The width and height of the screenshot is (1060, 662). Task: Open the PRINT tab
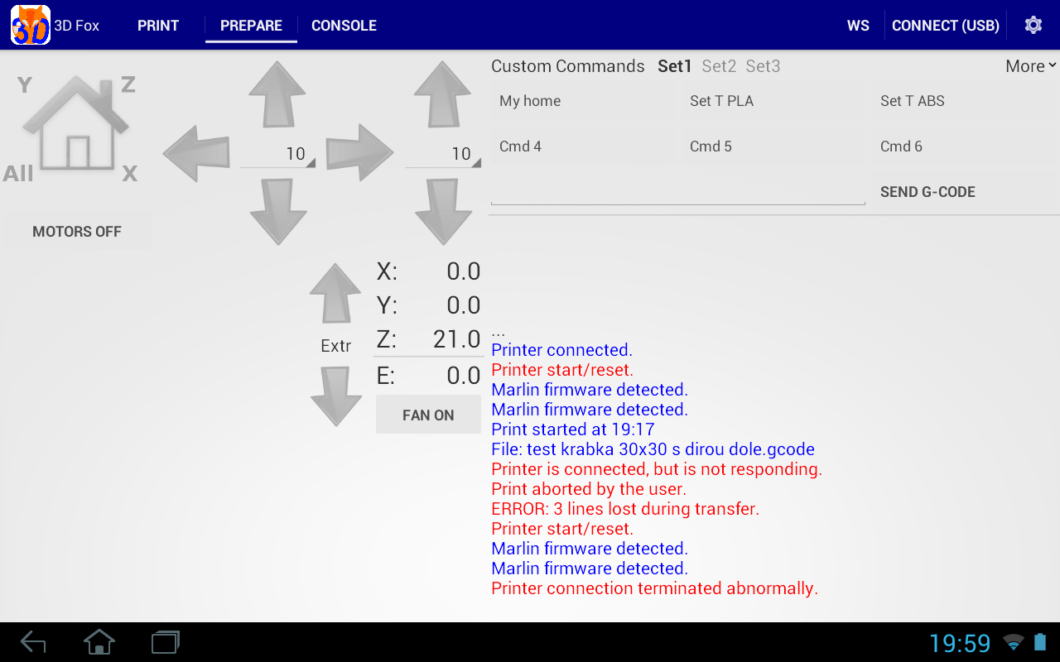click(157, 26)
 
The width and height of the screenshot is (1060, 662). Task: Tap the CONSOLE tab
click(344, 26)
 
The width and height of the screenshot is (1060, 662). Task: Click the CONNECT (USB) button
click(945, 26)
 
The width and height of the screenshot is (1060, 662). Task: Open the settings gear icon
click(1033, 25)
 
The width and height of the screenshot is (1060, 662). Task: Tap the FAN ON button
click(428, 415)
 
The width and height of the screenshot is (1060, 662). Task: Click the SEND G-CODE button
click(927, 192)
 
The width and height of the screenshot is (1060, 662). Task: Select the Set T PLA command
click(721, 101)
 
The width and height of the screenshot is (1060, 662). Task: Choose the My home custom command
click(530, 101)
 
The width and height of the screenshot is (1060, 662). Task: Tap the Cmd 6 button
click(901, 146)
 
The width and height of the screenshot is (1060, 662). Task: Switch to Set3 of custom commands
click(763, 66)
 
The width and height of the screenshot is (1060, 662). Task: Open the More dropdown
click(1030, 66)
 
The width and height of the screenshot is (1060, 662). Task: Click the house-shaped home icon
click(76, 124)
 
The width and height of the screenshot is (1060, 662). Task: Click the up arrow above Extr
click(335, 294)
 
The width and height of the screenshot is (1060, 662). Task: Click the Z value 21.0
click(456, 339)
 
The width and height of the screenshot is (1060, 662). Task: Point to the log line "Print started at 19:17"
click(573, 429)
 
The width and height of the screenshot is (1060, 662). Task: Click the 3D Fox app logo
click(31, 25)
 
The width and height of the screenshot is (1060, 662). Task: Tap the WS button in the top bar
click(858, 26)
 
